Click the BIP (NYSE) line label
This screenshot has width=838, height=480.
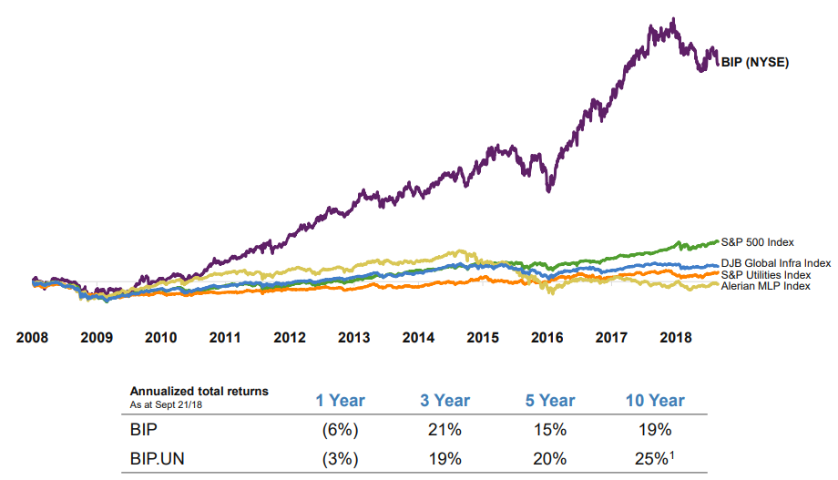tap(754, 63)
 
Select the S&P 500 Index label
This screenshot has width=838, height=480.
tap(758, 242)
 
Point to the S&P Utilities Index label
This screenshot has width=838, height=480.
tap(765, 274)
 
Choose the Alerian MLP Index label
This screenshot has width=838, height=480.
tap(765, 286)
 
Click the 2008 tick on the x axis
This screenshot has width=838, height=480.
tap(33, 337)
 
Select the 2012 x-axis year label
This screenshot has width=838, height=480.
tap(290, 337)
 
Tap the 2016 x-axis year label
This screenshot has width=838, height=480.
tap(547, 337)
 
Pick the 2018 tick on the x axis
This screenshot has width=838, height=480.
tap(675, 337)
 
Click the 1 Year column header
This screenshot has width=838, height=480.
tap(340, 401)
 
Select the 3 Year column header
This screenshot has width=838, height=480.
tap(445, 401)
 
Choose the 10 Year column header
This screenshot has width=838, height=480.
tap(655, 401)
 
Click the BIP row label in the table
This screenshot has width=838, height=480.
tap(143, 429)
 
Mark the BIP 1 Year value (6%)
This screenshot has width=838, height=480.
tap(340, 429)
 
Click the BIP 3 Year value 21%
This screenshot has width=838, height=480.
tap(445, 429)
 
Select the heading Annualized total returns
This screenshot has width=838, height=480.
tap(199, 391)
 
